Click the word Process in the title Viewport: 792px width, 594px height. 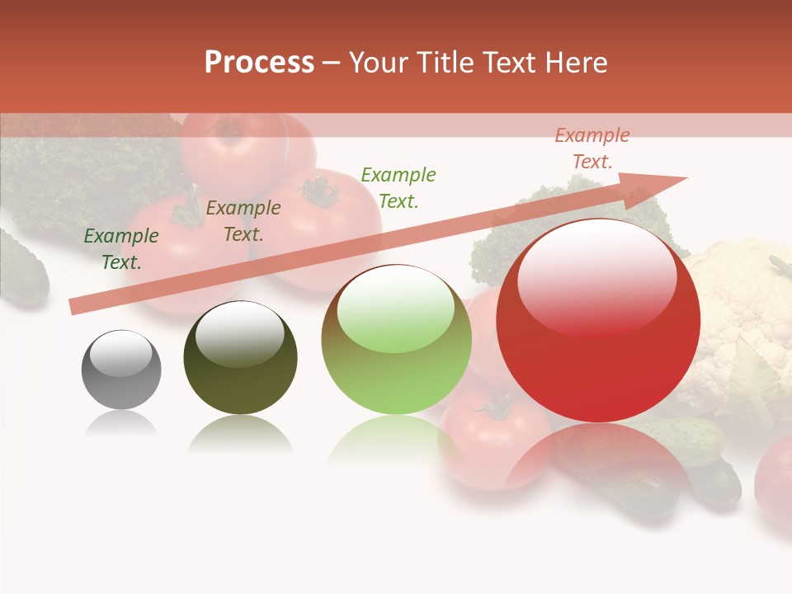tap(259, 63)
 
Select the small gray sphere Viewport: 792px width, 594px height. tap(121, 370)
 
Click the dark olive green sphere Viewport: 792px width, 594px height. tap(240, 358)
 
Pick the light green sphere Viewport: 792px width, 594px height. tap(396, 340)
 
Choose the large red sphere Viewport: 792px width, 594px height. tap(598, 320)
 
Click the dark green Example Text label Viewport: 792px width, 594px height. tap(121, 248)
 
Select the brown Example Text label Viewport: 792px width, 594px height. tap(243, 220)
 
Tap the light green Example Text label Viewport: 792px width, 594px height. tap(398, 187)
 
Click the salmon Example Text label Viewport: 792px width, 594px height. tap(592, 148)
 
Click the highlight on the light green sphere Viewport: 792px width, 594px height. tap(395, 309)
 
